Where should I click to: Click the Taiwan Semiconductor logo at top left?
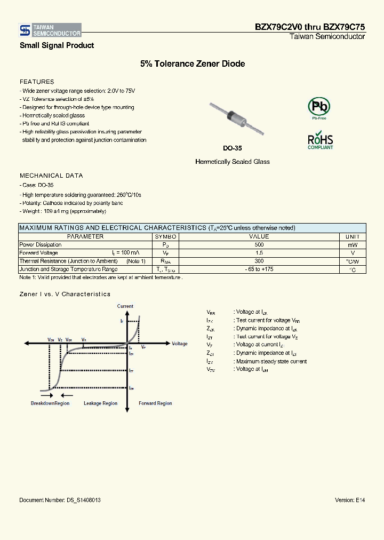50,30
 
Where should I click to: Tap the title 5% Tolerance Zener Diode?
193,64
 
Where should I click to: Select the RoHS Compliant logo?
320,141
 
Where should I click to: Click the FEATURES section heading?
37,82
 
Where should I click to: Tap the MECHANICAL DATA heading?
51,176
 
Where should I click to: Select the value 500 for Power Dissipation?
259,245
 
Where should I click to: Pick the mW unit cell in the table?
353,245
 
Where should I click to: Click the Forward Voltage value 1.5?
259,253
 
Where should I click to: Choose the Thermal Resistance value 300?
259,261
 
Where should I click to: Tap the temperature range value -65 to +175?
259,269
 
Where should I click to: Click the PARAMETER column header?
85,236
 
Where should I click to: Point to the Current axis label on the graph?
125,306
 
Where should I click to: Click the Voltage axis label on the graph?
180,344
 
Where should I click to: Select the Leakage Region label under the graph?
100,403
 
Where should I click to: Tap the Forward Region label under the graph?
155,403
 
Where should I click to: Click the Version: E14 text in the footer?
350,500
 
